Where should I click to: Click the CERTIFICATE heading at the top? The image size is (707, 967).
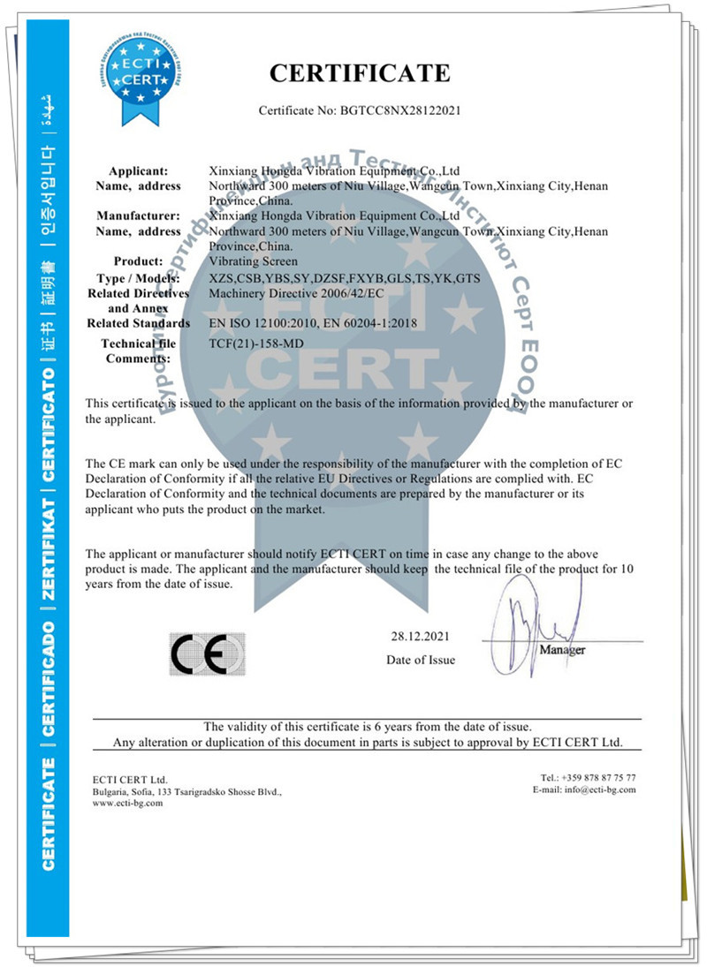tap(360, 73)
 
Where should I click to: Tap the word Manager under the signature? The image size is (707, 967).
tap(562, 650)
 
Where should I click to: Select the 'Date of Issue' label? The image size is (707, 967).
tap(421, 660)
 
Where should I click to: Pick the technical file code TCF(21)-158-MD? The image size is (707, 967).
tap(257, 343)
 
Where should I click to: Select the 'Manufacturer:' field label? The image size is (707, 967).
tap(139, 215)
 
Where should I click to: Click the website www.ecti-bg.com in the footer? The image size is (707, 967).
tap(127, 805)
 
